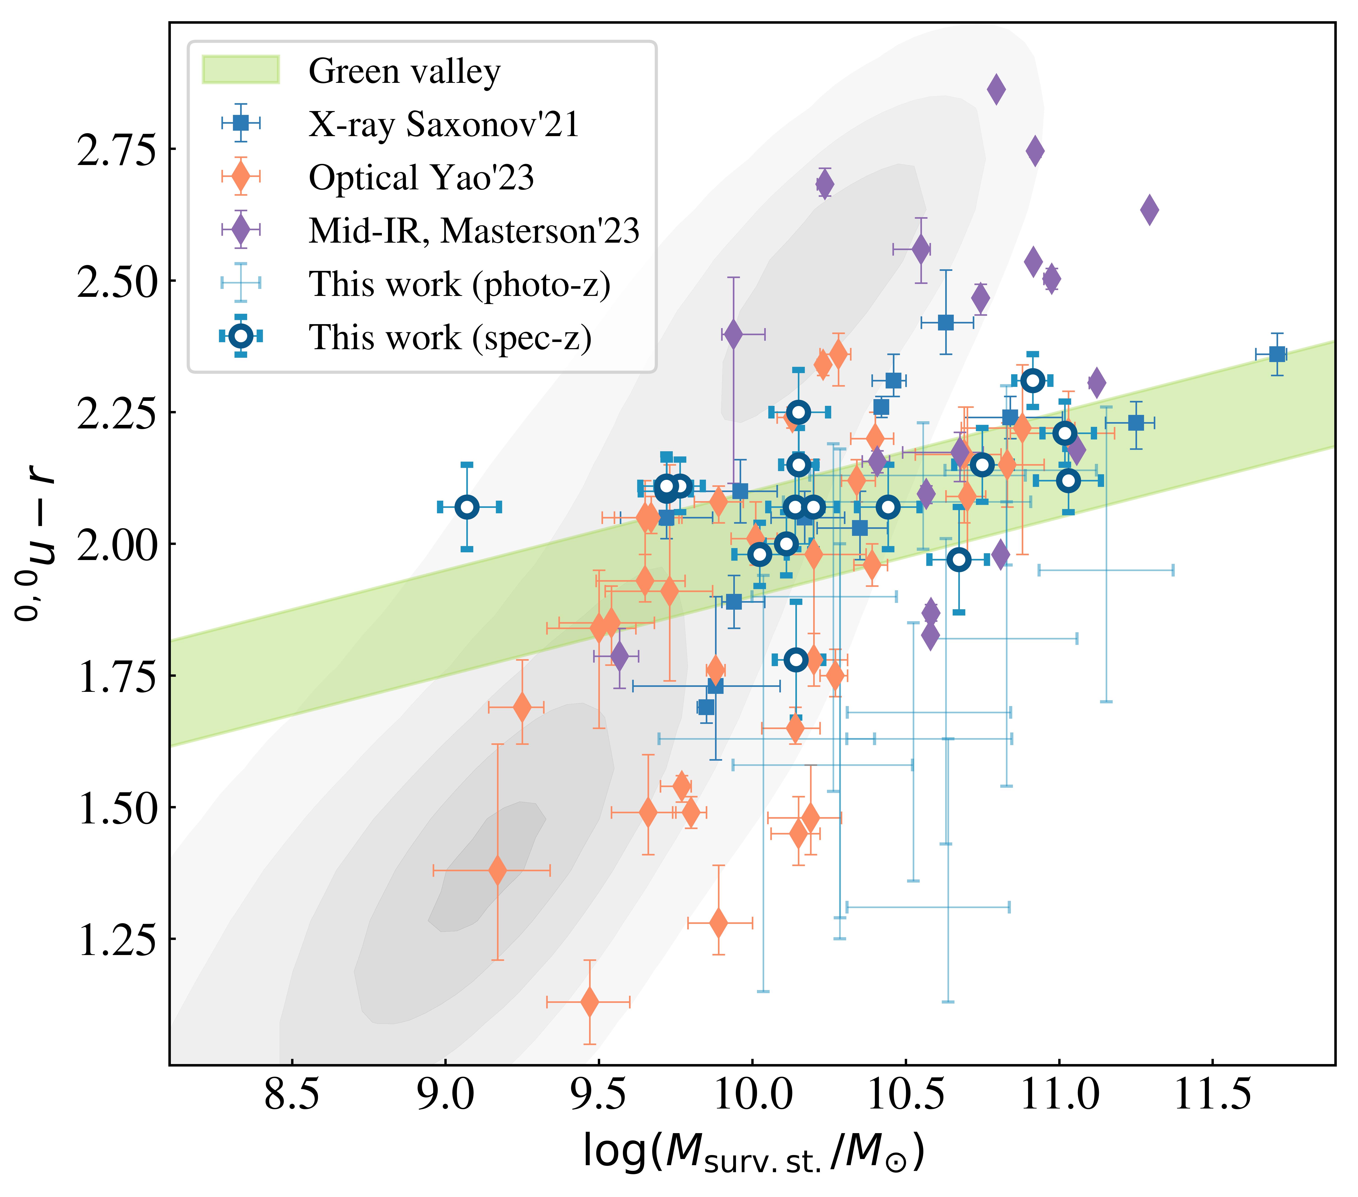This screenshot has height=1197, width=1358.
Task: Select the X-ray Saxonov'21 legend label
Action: pyautogui.click(x=444, y=124)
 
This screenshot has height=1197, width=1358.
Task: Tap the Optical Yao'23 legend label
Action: pyautogui.click(x=421, y=177)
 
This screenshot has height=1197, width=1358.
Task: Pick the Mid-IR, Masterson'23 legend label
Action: pyautogui.click(x=474, y=231)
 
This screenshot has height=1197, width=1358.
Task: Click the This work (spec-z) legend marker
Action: pyautogui.click(x=241, y=336)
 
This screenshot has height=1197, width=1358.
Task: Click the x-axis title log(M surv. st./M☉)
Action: pyautogui.click(x=753, y=1151)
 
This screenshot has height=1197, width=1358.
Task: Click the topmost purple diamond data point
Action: pyautogui.click(x=996, y=89)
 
